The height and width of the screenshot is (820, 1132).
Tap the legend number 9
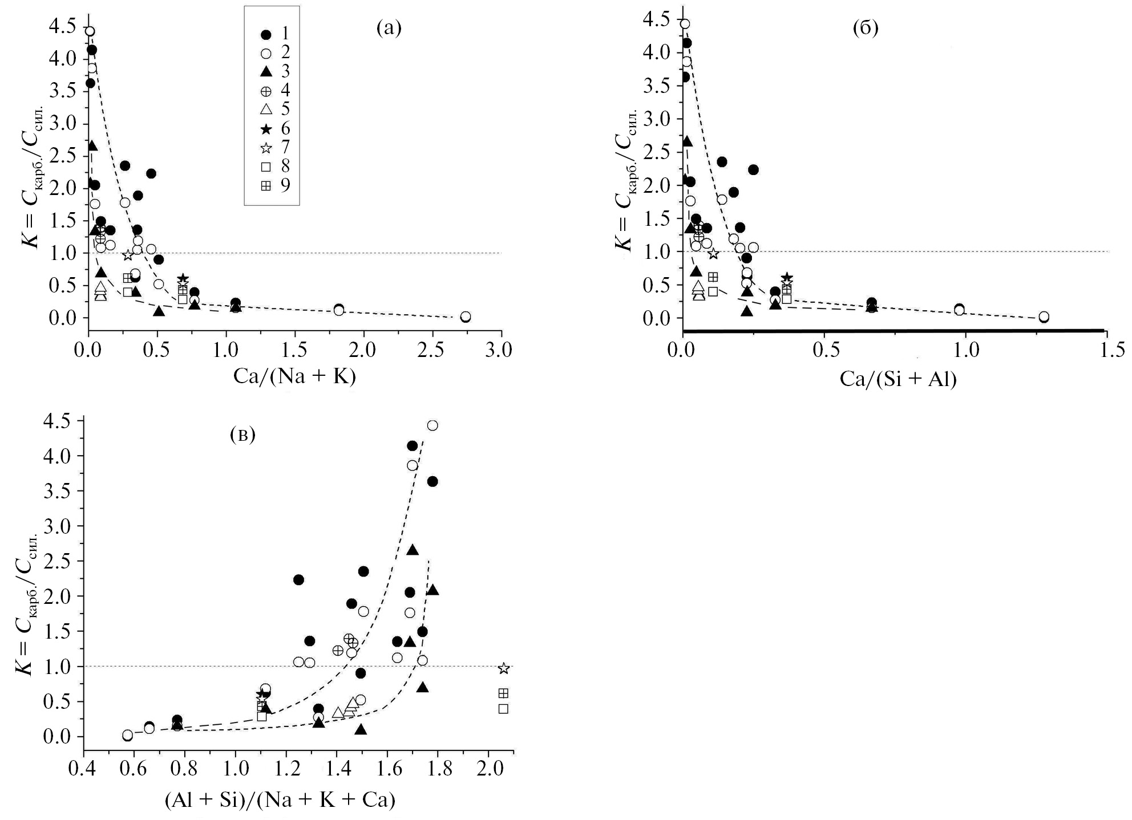click(x=285, y=185)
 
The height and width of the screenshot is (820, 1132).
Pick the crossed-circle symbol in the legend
click(x=266, y=91)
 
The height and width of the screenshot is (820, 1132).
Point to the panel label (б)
click(x=866, y=28)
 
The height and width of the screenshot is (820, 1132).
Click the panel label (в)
click(x=242, y=435)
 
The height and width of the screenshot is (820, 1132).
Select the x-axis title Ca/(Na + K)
click(x=294, y=376)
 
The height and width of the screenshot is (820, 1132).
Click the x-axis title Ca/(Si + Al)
click(x=897, y=378)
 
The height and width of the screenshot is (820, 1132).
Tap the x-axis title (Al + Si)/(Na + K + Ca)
click(x=280, y=800)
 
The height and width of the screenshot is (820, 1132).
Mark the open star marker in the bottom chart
click(x=503, y=668)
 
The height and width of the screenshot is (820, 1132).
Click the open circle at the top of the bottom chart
click(x=432, y=425)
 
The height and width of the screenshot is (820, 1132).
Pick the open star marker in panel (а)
click(x=128, y=255)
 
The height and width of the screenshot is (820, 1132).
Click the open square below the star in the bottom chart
click(x=503, y=709)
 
